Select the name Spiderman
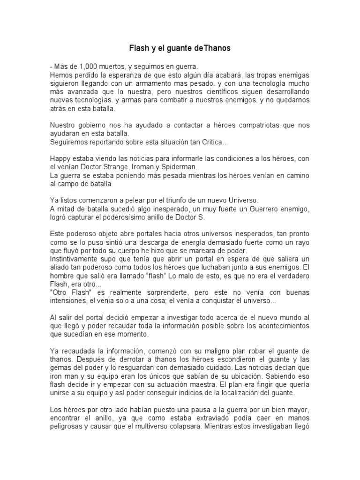[x=183, y=167]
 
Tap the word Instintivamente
[x=75, y=259]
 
